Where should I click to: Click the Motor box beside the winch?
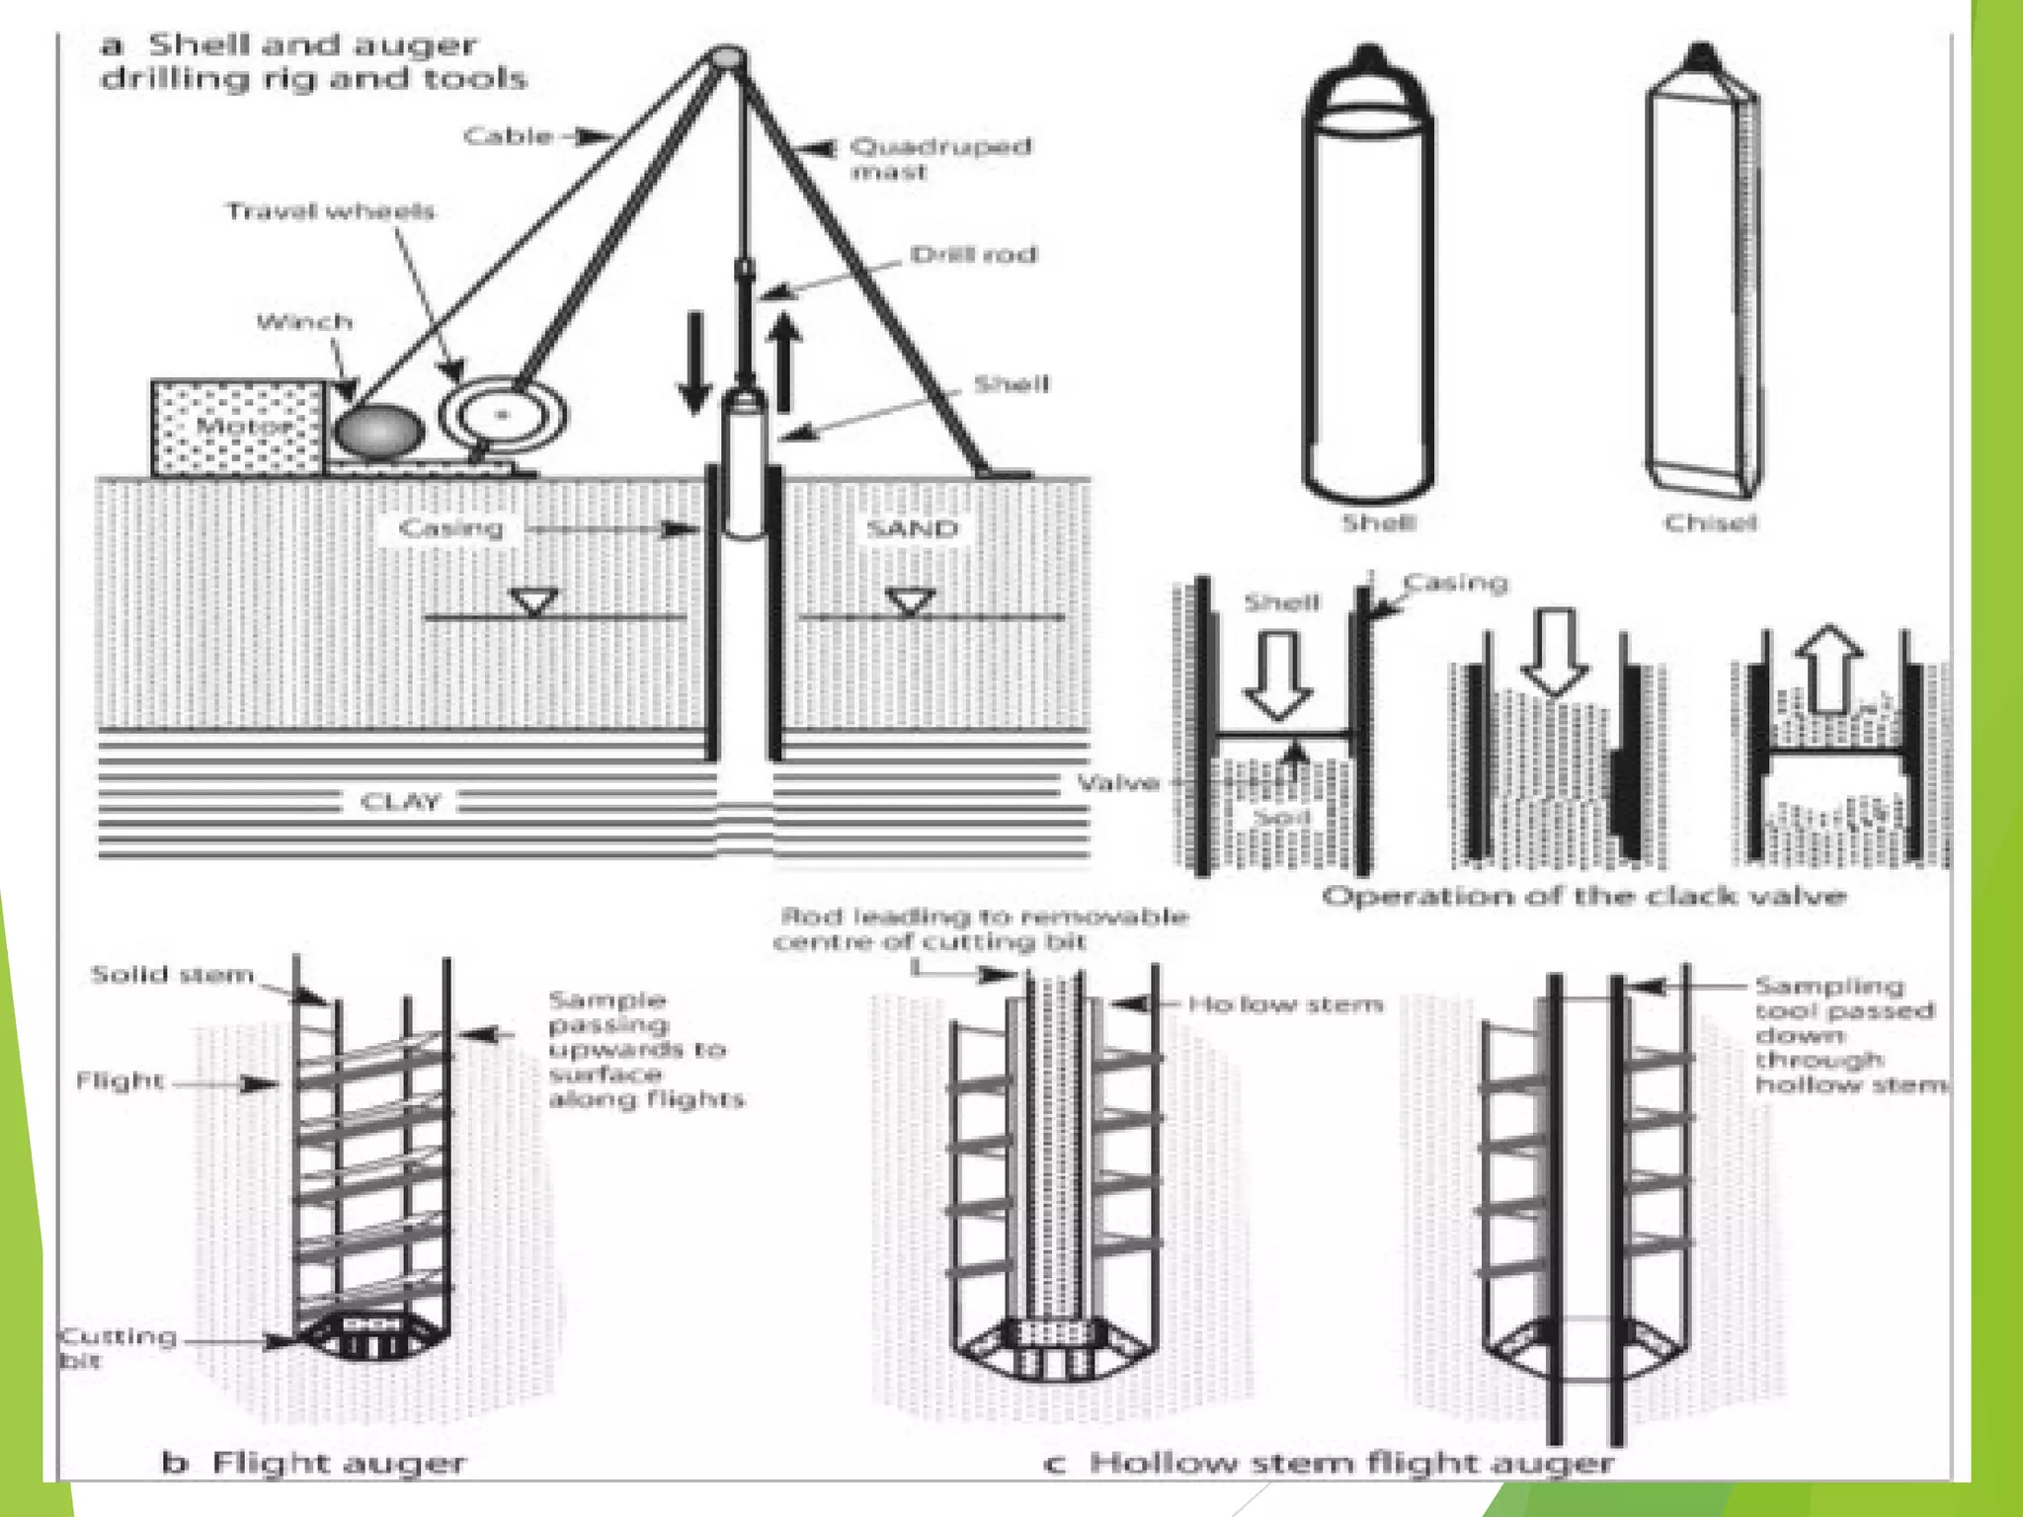point(237,428)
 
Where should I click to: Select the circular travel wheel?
point(503,415)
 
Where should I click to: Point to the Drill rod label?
point(973,255)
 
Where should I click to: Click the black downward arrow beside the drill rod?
point(694,361)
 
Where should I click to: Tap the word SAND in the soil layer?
point(912,529)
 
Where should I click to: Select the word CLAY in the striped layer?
point(400,801)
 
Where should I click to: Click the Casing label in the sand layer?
point(450,528)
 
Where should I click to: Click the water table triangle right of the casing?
point(910,601)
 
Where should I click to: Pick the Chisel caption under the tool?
point(1710,522)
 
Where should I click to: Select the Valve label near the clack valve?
point(1117,784)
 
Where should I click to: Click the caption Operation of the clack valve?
point(1583,897)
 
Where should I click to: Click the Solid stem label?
point(172,976)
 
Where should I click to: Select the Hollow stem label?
point(1285,1005)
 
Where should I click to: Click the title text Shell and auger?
point(312,45)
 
